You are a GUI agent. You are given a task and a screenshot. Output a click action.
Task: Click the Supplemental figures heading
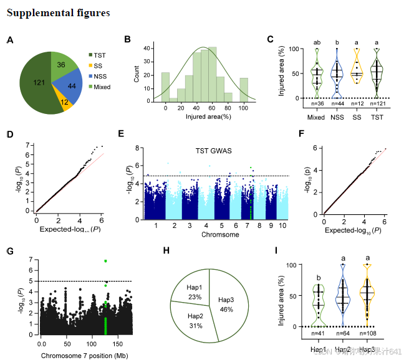pos(59,12)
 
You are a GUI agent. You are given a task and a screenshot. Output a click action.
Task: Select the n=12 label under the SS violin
pos(357,103)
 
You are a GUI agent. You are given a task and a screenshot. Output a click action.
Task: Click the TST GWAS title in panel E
pos(210,151)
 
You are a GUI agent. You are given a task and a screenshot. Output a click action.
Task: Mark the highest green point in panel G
pos(106,261)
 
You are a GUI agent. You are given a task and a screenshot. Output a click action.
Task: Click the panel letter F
pos(302,134)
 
